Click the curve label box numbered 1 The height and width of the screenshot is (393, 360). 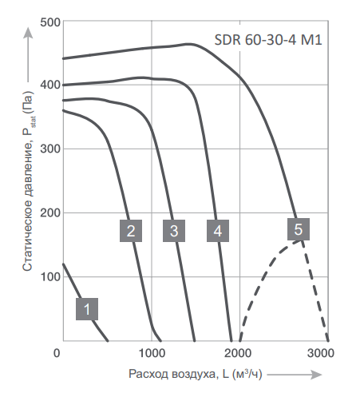(x=88, y=309)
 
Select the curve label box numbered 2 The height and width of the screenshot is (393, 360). (x=132, y=231)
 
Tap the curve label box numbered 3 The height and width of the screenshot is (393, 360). (x=172, y=231)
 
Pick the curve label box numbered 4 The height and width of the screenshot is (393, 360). (x=216, y=231)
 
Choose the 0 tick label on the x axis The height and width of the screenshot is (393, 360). (x=57, y=353)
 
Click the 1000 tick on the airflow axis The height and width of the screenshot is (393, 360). (x=151, y=353)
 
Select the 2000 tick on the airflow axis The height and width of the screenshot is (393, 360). (x=235, y=353)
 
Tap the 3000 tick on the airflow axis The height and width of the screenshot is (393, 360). (x=319, y=353)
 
